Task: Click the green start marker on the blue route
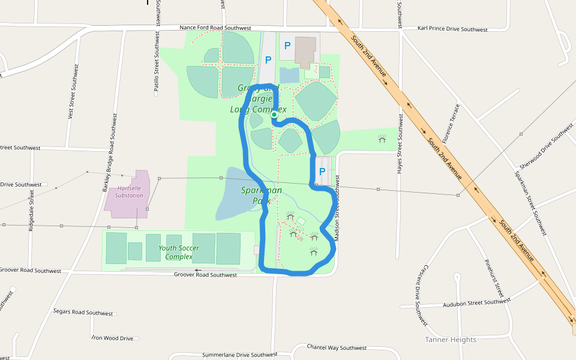tap(274, 114)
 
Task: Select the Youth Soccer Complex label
tap(179, 252)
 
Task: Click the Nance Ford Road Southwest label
tap(215, 28)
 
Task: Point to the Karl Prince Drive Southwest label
tap(452, 29)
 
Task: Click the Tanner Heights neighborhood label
tap(451, 340)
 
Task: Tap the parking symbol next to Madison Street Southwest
tap(322, 171)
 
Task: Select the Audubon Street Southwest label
tap(476, 302)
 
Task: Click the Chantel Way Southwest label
tap(337, 347)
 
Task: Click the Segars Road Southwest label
tap(83, 313)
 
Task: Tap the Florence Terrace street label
tap(451, 123)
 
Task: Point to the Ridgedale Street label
tap(32, 211)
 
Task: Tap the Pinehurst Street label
tap(494, 278)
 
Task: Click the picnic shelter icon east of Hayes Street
tap(382, 139)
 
